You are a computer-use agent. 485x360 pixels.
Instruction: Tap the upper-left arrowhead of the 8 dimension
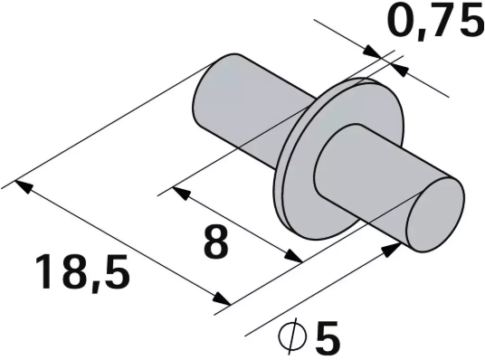(177, 193)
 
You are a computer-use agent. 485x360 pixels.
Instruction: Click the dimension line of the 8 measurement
(235, 226)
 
